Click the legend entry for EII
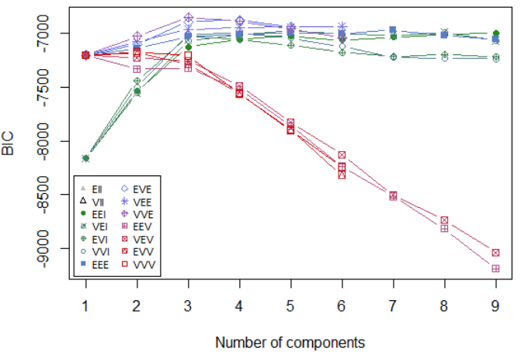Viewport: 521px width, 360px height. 96,189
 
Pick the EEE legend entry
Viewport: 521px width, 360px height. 96,265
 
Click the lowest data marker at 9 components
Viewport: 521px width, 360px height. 495,268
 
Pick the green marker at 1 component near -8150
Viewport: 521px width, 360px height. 85,158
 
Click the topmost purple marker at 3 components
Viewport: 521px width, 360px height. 188,17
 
